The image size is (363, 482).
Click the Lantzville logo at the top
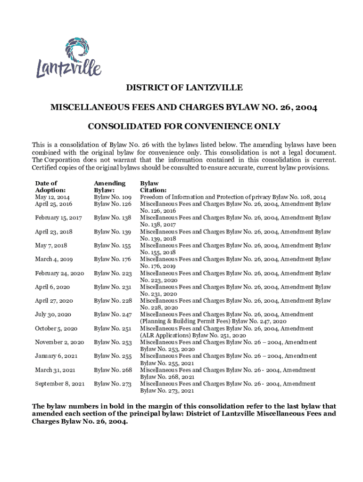pyautogui.click(x=69, y=59)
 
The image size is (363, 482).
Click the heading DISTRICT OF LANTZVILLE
pyautogui.click(x=184, y=88)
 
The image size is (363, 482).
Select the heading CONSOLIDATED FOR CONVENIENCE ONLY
pyautogui.click(x=184, y=126)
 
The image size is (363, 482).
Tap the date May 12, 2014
pyautogui.click(x=52, y=197)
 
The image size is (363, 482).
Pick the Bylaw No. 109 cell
pyautogui.click(x=113, y=197)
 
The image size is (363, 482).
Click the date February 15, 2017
pyautogui.click(x=58, y=217)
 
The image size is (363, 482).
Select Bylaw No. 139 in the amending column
pyautogui.click(x=113, y=232)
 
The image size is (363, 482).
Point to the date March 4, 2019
pyautogui.click(x=54, y=259)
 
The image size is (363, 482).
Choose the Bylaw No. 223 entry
pyautogui.click(x=113, y=273)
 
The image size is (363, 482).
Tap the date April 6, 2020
pyautogui.click(x=52, y=287)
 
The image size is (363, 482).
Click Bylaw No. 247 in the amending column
pyautogui.click(x=113, y=314)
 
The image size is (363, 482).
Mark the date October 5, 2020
pyautogui.click(x=56, y=328)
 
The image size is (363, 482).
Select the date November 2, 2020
pyautogui.click(x=59, y=342)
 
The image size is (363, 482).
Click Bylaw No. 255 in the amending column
pyautogui.click(x=113, y=356)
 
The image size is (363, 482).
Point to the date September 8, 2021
pyautogui.click(x=60, y=384)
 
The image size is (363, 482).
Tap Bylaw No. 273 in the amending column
pyautogui.click(x=113, y=384)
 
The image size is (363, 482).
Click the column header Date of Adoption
pyautogui.click(x=47, y=186)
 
